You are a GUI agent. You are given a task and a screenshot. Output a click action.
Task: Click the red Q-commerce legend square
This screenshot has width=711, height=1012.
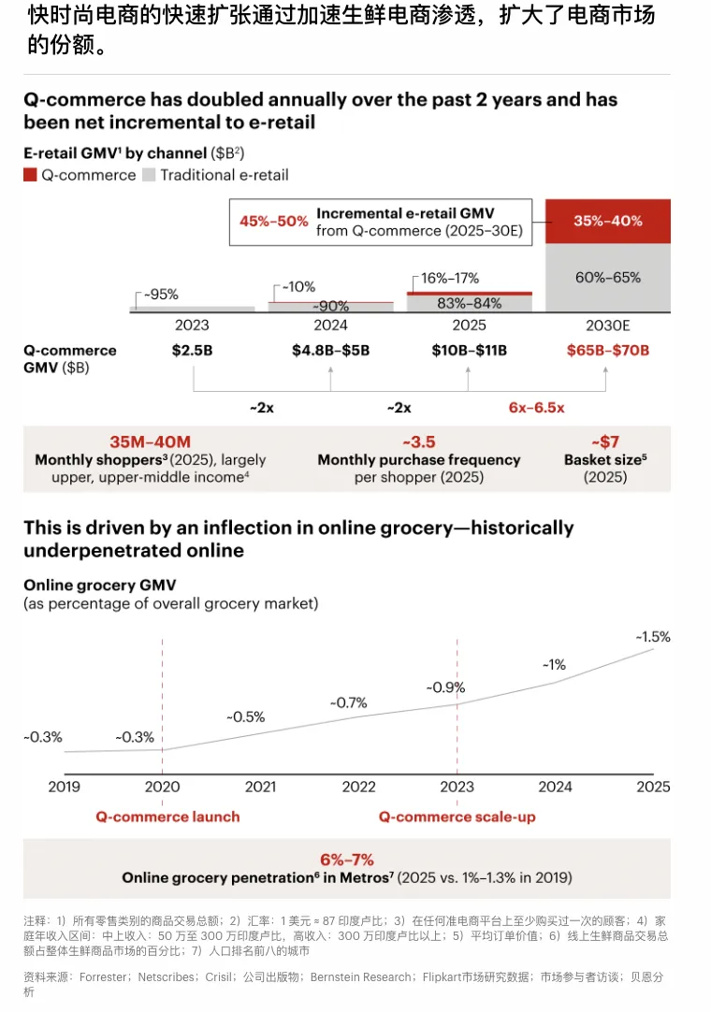(30, 175)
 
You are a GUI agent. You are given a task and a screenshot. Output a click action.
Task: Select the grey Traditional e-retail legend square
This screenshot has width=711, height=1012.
(149, 175)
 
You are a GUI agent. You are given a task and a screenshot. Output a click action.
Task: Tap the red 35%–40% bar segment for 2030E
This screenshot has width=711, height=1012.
(607, 222)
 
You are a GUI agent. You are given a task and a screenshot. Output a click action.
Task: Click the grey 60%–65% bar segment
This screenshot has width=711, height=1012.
(607, 277)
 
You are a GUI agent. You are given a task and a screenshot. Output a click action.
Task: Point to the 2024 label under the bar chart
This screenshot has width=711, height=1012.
(330, 325)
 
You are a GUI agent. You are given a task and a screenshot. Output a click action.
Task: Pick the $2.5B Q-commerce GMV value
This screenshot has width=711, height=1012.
(193, 351)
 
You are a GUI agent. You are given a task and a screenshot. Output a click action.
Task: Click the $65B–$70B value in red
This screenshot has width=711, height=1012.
(607, 351)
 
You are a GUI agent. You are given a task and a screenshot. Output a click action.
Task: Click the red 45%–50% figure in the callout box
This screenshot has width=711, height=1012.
(274, 222)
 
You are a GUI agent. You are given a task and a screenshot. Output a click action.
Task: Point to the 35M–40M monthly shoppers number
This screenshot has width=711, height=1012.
(150, 442)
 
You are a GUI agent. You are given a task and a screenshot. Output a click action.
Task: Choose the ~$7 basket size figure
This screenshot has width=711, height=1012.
(605, 442)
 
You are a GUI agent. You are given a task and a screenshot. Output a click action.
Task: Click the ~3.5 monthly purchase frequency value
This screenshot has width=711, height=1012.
(418, 442)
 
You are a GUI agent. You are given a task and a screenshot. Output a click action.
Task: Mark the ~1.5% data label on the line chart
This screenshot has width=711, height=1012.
(653, 637)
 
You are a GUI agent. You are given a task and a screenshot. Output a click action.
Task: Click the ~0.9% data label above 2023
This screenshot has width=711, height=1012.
(445, 687)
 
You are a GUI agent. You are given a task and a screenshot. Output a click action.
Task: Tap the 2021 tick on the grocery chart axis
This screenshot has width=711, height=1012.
(260, 787)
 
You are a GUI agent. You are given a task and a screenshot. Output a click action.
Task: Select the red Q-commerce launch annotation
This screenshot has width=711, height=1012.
(167, 817)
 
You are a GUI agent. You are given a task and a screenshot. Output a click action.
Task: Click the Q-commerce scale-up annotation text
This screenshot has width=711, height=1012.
(457, 817)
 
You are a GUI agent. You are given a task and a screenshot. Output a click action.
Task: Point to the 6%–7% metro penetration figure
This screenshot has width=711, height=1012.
(346, 860)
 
